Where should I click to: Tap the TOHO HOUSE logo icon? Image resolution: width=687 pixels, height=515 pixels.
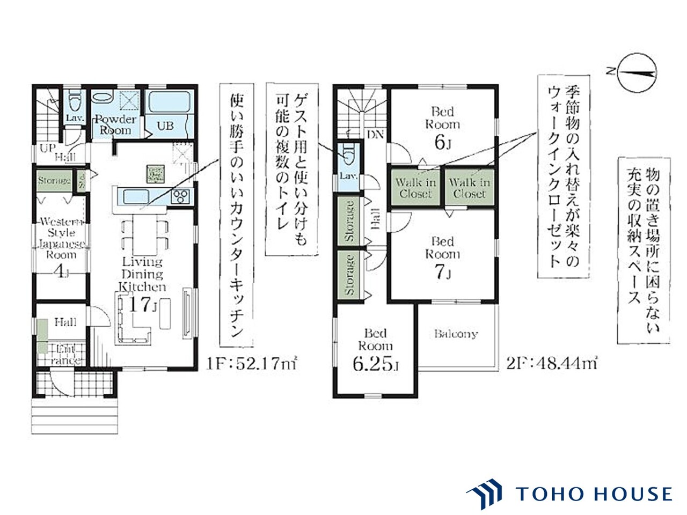[x=485, y=494]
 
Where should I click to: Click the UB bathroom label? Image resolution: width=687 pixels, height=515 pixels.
[x=165, y=126]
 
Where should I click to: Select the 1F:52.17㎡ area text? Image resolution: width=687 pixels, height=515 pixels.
[x=251, y=364]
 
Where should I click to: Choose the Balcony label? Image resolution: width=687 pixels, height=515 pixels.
[x=455, y=334]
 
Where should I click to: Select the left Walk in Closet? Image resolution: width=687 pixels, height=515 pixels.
[x=416, y=188]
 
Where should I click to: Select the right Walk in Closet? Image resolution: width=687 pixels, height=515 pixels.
[x=469, y=188]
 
